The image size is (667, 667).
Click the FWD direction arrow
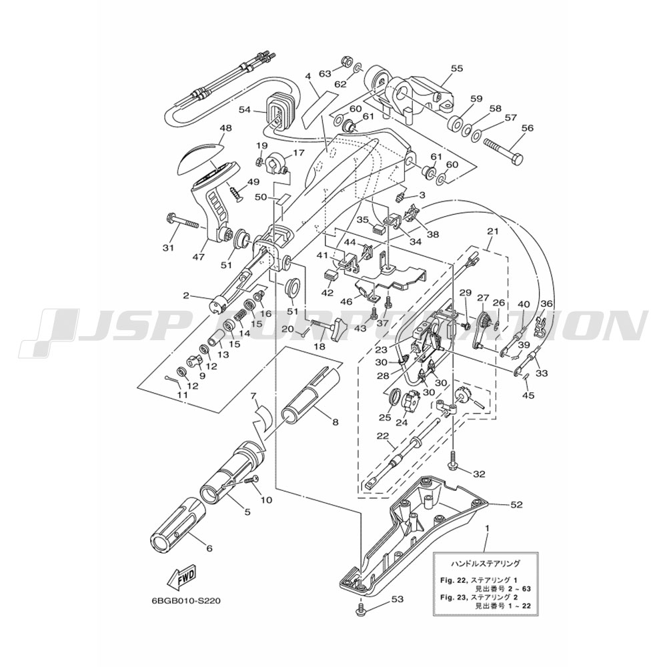(182, 579)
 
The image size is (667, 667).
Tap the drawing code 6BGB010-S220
(187, 602)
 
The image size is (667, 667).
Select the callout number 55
(458, 69)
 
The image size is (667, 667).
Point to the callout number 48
(226, 128)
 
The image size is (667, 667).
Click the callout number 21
(493, 231)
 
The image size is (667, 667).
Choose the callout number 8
(336, 422)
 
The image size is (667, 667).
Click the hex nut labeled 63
(346, 61)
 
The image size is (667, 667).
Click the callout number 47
(199, 257)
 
